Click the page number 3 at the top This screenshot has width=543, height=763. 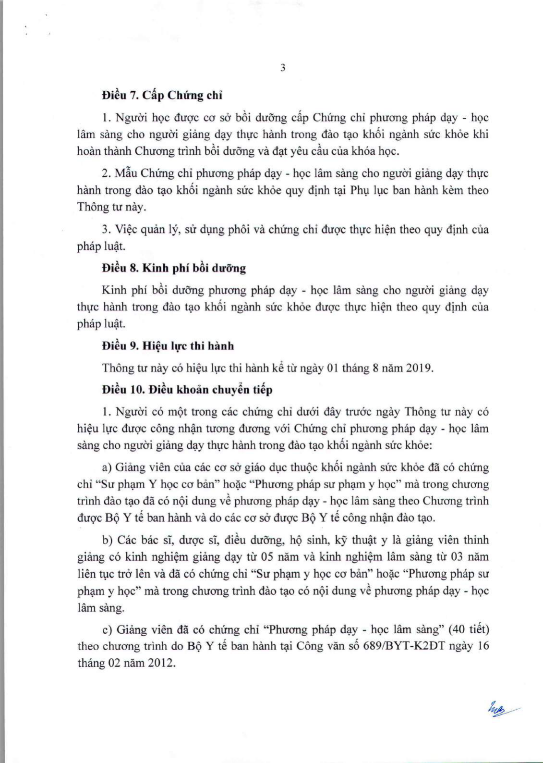(x=283, y=68)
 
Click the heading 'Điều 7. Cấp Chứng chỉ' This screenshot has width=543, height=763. (x=162, y=95)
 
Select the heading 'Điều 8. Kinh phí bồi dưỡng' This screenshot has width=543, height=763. (x=174, y=268)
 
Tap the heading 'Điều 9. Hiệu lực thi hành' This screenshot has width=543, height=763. (x=168, y=346)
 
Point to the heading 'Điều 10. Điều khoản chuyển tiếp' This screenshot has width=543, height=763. (x=187, y=390)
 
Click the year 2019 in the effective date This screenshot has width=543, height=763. (x=419, y=368)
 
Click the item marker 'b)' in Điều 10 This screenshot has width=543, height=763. (x=107, y=540)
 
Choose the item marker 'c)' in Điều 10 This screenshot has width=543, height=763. (x=107, y=629)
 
